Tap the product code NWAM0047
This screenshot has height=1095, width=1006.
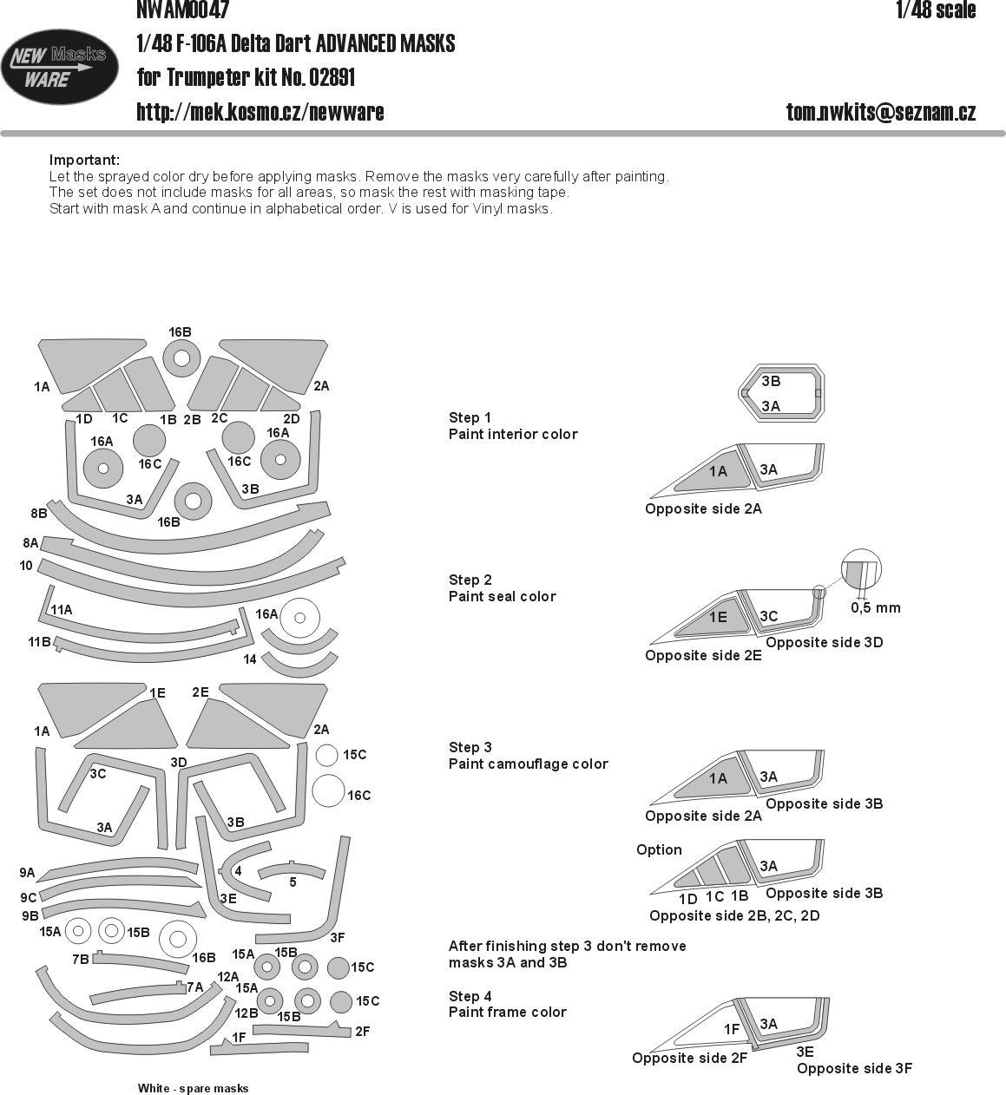pyautogui.click(x=183, y=10)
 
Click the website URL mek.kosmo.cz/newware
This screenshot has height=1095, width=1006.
pyautogui.click(x=260, y=112)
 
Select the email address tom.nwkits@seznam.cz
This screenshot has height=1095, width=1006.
pyautogui.click(x=881, y=112)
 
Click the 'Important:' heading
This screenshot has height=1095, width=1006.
pyautogui.click(x=84, y=160)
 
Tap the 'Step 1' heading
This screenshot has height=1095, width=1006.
pyautogui.click(x=470, y=417)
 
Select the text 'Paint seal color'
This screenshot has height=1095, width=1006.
pyautogui.click(x=502, y=596)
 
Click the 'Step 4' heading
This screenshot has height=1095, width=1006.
pyautogui.click(x=470, y=996)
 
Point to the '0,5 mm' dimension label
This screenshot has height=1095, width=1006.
pyautogui.click(x=875, y=607)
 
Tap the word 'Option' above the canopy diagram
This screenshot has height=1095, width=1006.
pyautogui.click(x=659, y=849)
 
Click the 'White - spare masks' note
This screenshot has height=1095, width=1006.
pyautogui.click(x=193, y=1088)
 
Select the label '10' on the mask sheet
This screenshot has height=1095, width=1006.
pyautogui.click(x=25, y=566)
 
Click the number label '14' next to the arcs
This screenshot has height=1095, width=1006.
pyautogui.click(x=250, y=659)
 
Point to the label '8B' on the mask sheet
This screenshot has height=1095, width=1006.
pyautogui.click(x=38, y=514)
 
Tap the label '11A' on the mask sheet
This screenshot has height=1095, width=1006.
pyautogui.click(x=61, y=610)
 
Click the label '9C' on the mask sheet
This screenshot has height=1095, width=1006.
pyautogui.click(x=28, y=897)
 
